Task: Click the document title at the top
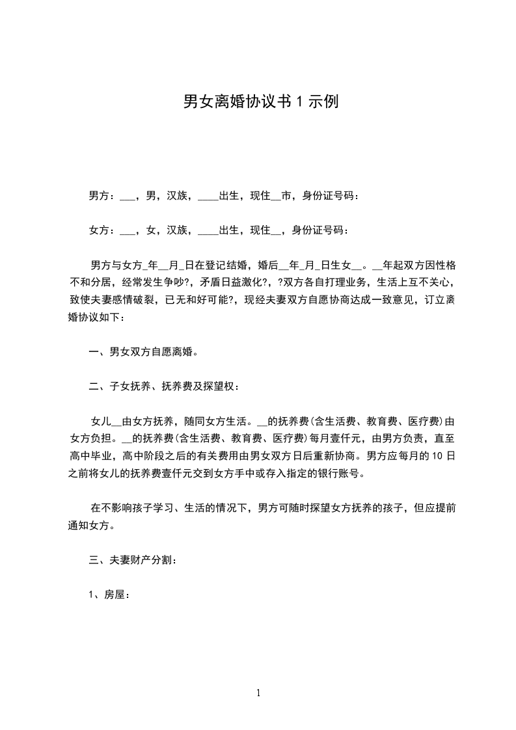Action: pos(260,101)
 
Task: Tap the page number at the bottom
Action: pos(258,693)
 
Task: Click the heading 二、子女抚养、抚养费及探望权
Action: pos(164,387)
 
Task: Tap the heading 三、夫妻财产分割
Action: pos(131,559)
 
